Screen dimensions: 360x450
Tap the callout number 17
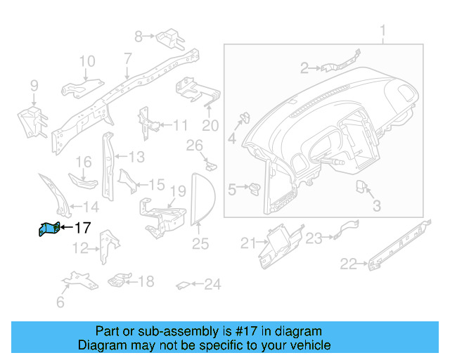point(82,228)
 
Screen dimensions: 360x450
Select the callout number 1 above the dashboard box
point(383,32)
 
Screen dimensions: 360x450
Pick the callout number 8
point(139,35)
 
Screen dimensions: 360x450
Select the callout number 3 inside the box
point(376,206)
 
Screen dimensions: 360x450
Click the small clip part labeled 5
point(255,188)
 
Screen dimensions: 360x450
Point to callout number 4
point(231,139)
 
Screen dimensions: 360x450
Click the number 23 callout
point(314,238)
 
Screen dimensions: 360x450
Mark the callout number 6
point(60,303)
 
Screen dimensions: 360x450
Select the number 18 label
point(145,282)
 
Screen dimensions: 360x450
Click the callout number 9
point(34,87)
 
